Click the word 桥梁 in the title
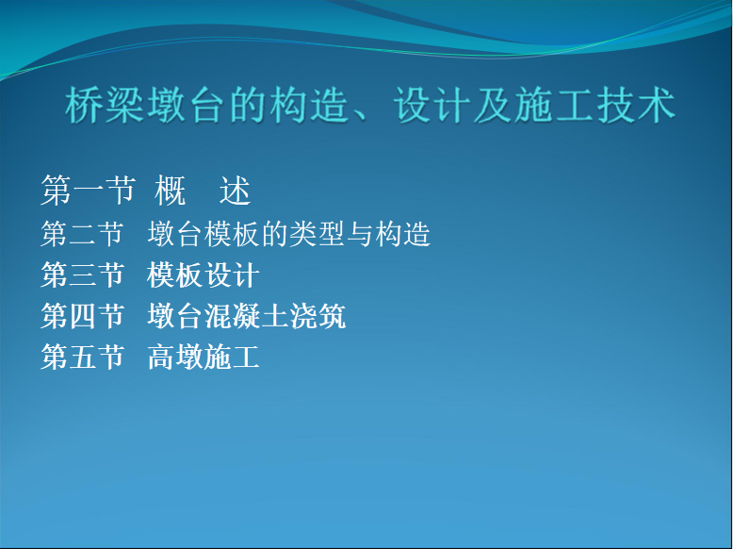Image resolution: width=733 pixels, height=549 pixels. [105, 105]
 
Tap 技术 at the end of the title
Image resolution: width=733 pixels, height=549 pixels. [636, 105]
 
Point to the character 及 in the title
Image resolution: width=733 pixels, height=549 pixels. [493, 105]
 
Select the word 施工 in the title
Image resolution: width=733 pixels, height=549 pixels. [554, 105]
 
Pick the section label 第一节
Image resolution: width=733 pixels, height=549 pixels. [88, 191]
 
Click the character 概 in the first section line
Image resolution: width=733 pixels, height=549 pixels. [171, 191]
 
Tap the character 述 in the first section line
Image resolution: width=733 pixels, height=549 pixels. [236, 191]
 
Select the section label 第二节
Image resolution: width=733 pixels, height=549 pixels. [82, 234]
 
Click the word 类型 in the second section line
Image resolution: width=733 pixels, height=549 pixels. [318, 234]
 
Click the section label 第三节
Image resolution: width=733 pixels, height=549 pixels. [82, 274]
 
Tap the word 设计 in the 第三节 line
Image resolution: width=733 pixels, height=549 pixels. [232, 274]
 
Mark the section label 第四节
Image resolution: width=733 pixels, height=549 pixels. [82, 316]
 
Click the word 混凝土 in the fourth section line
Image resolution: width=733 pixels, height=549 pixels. [246, 316]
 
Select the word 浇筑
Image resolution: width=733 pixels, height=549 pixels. [318, 316]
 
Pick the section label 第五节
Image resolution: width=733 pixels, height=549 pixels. [82, 357]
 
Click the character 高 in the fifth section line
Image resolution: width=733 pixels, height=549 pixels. [161, 357]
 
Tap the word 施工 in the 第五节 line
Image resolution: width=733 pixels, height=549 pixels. [232, 357]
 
